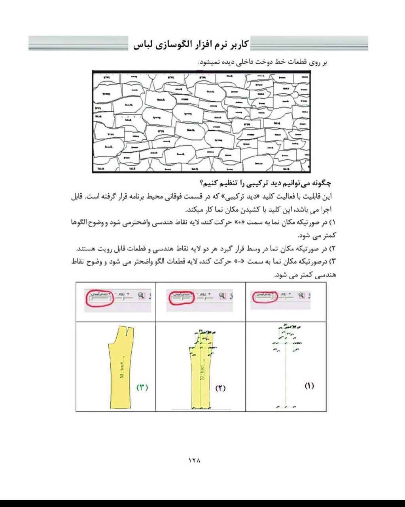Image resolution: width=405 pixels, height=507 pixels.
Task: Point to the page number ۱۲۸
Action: point(194,460)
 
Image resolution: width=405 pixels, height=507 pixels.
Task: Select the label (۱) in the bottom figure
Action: point(309,385)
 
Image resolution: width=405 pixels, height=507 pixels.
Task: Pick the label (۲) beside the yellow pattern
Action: point(220,388)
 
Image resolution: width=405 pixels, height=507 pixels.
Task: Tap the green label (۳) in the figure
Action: point(142,387)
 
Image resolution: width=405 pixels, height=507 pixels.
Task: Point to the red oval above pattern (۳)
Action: point(100,297)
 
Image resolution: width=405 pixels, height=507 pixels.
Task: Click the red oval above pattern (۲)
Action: point(181,297)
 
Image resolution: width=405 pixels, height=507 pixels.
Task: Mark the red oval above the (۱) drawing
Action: point(265,297)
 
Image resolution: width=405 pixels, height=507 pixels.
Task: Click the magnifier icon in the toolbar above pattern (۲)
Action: point(222,295)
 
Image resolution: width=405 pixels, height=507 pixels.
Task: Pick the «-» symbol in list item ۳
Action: point(241,262)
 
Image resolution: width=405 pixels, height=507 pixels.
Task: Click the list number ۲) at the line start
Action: point(332,249)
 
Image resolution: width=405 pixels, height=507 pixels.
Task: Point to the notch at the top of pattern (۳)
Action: point(126,329)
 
